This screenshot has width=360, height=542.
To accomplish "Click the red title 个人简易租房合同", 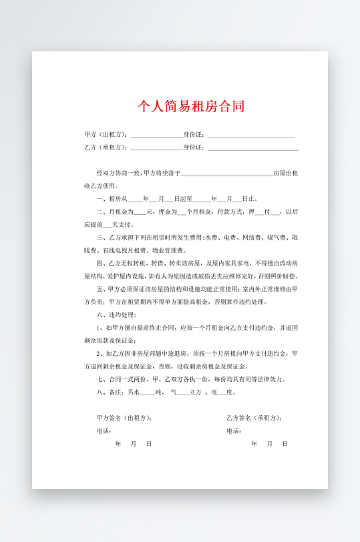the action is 191,106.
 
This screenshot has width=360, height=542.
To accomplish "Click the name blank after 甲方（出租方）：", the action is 156,135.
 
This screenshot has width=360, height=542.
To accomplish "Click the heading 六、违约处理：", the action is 117,314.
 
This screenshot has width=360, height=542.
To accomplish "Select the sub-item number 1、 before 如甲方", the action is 100,328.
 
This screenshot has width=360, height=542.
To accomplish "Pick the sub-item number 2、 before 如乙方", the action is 100,354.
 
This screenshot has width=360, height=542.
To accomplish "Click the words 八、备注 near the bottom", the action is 111,392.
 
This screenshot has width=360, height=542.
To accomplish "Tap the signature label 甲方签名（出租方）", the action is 124,418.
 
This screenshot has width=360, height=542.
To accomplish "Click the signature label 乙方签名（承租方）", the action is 254,418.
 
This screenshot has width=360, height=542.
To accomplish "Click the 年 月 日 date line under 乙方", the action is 270,444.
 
